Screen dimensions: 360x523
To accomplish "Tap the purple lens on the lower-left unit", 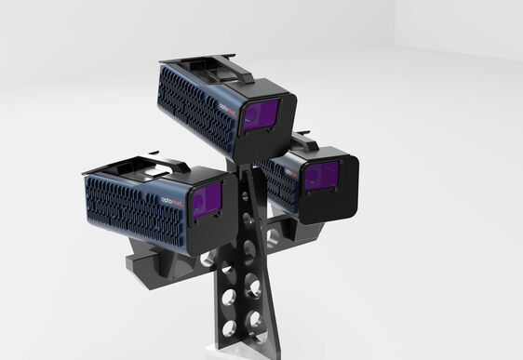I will point(207,200).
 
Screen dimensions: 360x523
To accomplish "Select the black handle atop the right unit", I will point(304,140).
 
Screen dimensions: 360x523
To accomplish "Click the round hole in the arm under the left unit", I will point(207,260).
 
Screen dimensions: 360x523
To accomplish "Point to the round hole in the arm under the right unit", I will point(271,237).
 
